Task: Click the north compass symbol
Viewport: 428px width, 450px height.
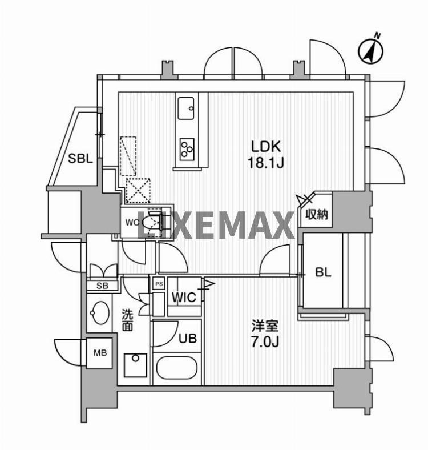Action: click(x=370, y=51)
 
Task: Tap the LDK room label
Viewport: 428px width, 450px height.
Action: click(x=265, y=147)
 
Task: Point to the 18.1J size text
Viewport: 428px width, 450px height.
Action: click(x=265, y=163)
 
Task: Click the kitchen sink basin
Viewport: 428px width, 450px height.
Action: click(x=186, y=109)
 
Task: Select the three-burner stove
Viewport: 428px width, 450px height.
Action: click(x=187, y=150)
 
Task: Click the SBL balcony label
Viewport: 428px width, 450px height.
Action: click(x=80, y=158)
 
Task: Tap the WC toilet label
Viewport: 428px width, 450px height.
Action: click(x=132, y=222)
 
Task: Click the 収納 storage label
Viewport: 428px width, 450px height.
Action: click(x=316, y=214)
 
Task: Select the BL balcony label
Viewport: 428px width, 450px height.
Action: click(x=324, y=272)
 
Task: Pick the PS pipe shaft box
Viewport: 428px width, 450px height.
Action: click(x=159, y=284)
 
